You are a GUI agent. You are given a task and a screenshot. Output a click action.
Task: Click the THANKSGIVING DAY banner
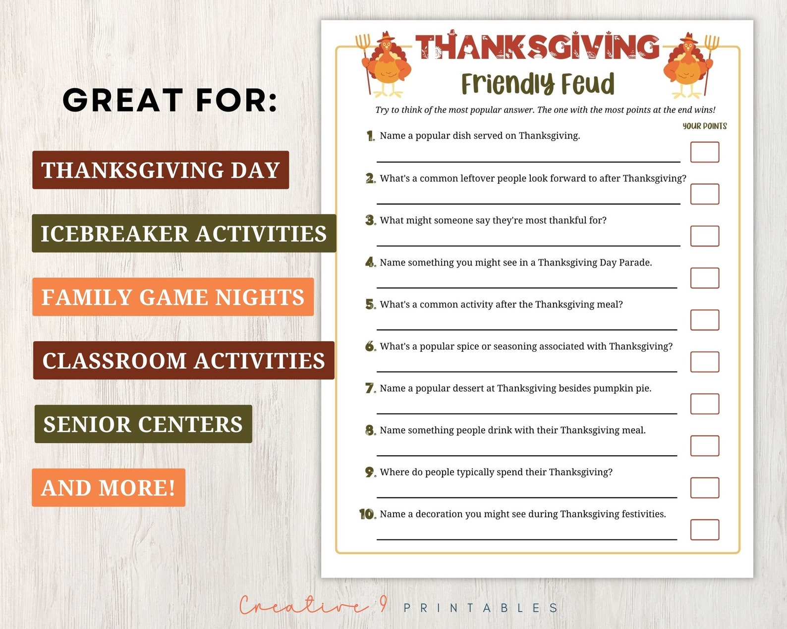[x=161, y=170]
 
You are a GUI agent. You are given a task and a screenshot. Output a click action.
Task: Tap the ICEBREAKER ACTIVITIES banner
[x=184, y=233]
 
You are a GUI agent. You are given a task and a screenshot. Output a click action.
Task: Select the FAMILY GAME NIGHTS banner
[x=173, y=297]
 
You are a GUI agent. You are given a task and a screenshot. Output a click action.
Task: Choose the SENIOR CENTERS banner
[x=143, y=424]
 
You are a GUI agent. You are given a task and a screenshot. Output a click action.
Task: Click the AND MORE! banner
[x=109, y=487]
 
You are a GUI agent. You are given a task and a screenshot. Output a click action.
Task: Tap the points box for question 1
[x=704, y=152]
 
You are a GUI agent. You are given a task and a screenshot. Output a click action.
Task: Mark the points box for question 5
[x=704, y=320]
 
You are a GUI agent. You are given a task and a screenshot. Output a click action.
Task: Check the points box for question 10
[x=704, y=529]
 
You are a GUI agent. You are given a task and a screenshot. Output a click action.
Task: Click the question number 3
[x=370, y=220]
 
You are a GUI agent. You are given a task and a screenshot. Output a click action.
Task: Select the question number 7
[x=370, y=388]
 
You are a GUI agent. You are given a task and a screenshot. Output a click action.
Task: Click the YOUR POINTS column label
[x=704, y=126]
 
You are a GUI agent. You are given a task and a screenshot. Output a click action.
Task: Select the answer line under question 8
[x=526, y=455]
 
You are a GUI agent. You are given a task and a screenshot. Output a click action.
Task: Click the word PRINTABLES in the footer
[x=481, y=608]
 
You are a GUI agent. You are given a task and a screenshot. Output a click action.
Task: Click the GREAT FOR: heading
[x=170, y=100]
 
